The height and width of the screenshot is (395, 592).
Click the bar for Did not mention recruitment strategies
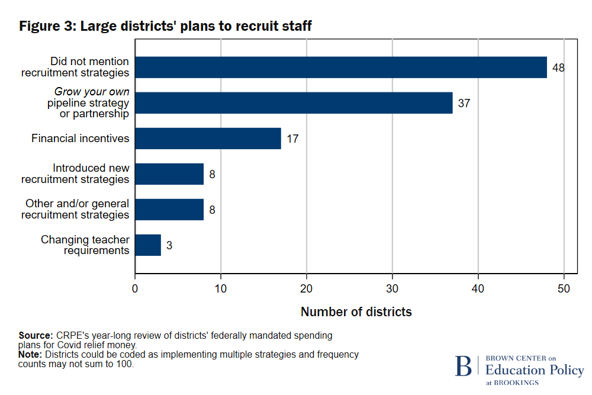click(x=340, y=68)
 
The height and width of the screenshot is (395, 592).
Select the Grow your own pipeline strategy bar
click(x=294, y=103)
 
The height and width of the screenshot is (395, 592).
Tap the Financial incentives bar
click(x=208, y=139)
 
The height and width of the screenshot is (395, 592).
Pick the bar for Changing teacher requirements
click(x=148, y=245)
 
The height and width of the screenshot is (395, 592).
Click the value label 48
click(x=558, y=68)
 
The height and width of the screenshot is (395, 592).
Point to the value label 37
click(x=464, y=103)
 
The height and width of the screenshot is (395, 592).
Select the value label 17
click(x=292, y=139)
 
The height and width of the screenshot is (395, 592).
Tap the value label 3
click(x=169, y=245)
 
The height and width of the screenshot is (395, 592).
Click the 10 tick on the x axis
click(x=221, y=288)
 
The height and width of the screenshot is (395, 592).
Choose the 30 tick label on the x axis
click(x=392, y=288)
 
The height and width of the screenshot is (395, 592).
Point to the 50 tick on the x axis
click(x=564, y=288)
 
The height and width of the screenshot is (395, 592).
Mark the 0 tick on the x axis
click(x=135, y=288)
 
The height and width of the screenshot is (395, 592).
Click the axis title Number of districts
click(x=356, y=311)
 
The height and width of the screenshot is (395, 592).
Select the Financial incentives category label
click(x=81, y=139)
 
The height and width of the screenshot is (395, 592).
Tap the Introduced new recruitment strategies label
click(x=75, y=174)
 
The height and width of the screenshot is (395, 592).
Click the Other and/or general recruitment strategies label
click(x=75, y=209)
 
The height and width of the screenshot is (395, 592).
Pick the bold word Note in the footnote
click(x=31, y=355)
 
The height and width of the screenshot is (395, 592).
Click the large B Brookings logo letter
click(x=464, y=366)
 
